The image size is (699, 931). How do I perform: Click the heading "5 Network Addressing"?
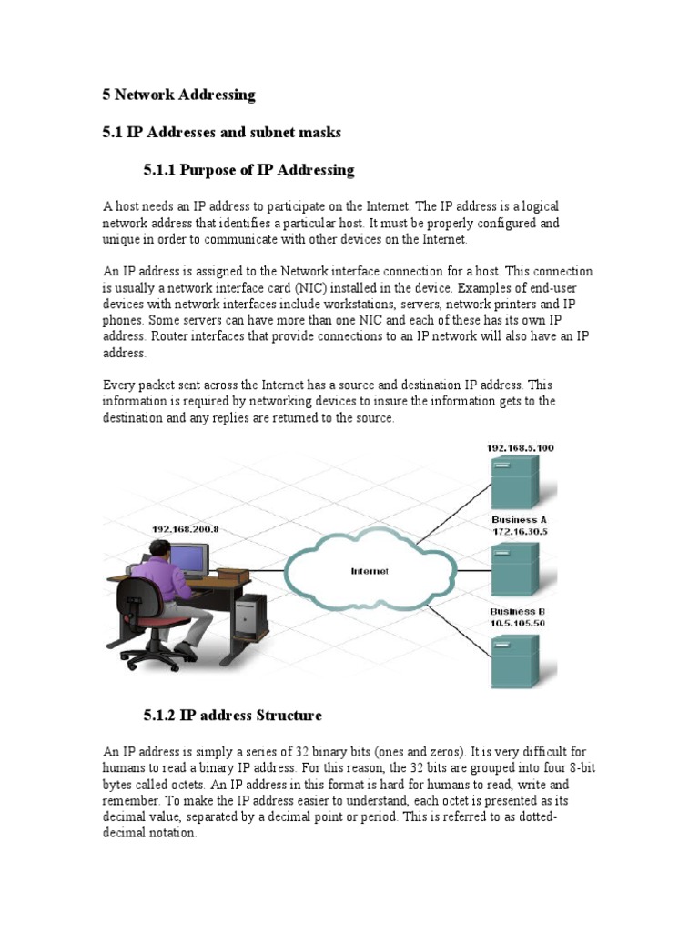pos(178,95)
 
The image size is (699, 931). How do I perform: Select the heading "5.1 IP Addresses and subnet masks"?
pos(221,133)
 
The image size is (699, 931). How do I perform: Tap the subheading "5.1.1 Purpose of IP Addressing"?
pos(248,170)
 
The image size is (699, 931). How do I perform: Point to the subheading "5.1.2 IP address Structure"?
pos(232,716)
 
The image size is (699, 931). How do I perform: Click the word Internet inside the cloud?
pos(370,571)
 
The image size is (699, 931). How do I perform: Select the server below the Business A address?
pos(516,571)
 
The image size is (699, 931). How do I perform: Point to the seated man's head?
pos(159,550)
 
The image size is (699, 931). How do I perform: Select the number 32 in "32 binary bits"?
pos(303,752)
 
